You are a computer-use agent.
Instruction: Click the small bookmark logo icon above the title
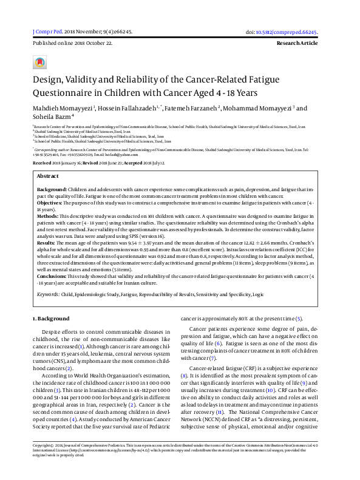(x=40, y=63)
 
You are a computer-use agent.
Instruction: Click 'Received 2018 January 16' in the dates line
(x=59, y=164)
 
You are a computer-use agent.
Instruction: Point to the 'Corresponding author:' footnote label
(x=51, y=148)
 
